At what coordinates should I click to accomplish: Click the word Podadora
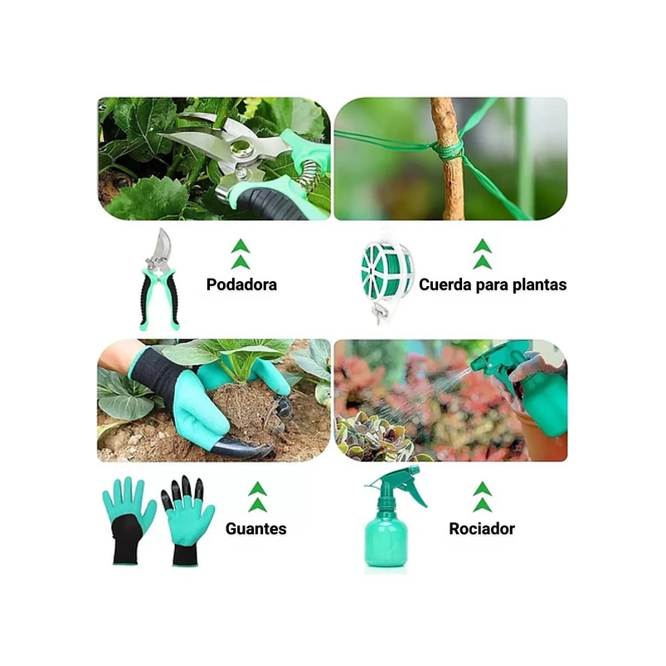[x=241, y=284]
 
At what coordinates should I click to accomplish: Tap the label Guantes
[x=255, y=528]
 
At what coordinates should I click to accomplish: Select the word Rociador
[x=482, y=528]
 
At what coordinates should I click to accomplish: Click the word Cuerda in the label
[x=445, y=284]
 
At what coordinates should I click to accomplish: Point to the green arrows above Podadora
[x=241, y=254]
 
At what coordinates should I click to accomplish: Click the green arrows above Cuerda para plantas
[x=482, y=254]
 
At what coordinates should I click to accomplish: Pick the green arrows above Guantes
[x=258, y=497]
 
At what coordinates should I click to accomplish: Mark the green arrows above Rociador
[x=482, y=497]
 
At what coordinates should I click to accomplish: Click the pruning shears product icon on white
[x=158, y=278]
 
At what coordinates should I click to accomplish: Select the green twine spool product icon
[x=386, y=272]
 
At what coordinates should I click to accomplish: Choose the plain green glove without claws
[x=129, y=519]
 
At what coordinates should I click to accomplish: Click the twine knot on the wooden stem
[x=449, y=149]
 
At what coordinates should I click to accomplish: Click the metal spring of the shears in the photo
[x=310, y=175]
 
